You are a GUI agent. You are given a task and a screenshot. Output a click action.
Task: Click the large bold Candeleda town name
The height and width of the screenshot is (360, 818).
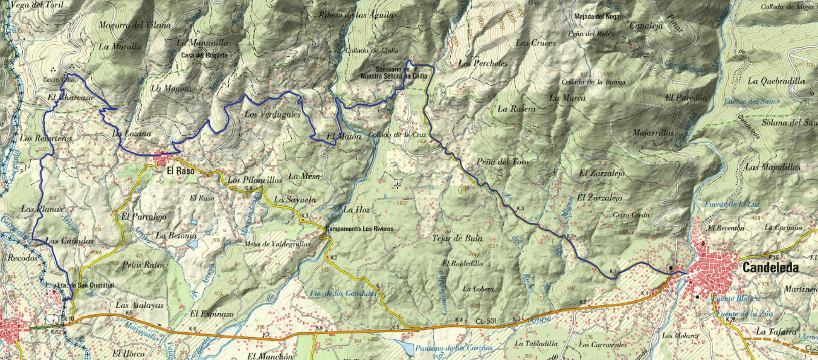click(770, 268)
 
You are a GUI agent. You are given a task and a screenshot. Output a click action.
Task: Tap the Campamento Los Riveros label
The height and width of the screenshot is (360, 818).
click(359, 230)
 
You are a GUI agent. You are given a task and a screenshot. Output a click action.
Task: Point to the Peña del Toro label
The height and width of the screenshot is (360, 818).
click(503, 162)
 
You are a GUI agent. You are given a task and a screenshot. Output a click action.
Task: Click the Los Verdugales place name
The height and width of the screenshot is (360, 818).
click(272, 114)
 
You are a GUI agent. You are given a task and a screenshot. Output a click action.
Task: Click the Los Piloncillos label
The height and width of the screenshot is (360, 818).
click(254, 180)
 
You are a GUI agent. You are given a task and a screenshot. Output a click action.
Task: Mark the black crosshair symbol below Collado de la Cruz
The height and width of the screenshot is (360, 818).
click(398, 185)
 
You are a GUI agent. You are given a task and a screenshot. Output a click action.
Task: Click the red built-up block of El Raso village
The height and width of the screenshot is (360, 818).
click(161, 159)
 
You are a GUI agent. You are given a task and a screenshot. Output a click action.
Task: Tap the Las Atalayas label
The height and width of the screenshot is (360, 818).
click(140, 305)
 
